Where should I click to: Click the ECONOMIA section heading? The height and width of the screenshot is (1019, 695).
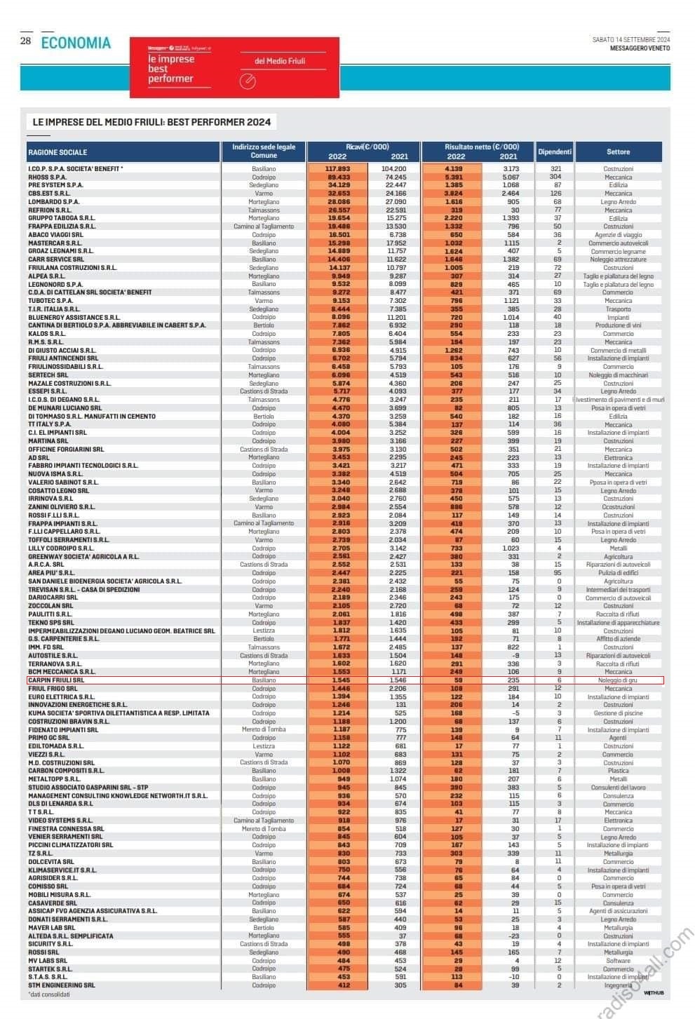[76, 43]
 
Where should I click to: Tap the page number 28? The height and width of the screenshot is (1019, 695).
[25, 41]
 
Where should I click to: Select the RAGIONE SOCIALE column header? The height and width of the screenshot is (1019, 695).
[58, 152]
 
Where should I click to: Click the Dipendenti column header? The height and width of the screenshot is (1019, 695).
[555, 151]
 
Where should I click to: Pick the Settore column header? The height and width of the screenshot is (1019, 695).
[618, 151]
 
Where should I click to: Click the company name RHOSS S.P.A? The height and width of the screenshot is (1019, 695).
[48, 177]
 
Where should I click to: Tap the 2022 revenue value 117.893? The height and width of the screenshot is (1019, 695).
[337, 169]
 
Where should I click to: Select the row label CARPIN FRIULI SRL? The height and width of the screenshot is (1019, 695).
[56, 680]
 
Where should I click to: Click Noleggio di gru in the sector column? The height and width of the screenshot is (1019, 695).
[618, 680]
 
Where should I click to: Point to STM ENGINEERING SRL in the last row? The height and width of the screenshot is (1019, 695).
[61, 985]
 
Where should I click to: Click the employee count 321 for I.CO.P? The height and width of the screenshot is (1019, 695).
[556, 169]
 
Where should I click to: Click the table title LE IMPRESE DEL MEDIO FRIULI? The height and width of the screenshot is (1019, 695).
[151, 122]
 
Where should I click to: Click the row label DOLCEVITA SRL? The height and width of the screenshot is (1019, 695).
[50, 862]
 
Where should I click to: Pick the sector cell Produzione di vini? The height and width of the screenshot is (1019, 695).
[618, 325]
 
